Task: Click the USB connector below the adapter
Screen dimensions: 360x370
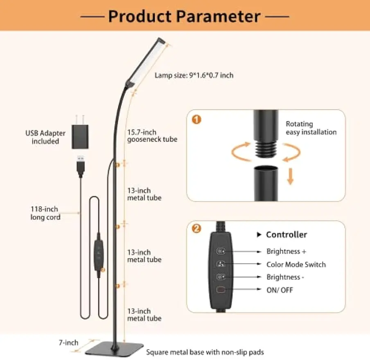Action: click(x=81, y=165)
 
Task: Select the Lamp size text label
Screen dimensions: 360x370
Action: click(x=194, y=75)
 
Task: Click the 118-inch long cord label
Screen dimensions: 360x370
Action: click(x=45, y=213)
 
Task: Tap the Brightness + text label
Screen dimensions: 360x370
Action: click(x=286, y=251)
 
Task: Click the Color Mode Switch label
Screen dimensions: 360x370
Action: click(x=296, y=264)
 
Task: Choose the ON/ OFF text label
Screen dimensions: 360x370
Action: click(x=280, y=290)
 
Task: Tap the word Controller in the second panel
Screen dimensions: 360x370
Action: click(x=286, y=234)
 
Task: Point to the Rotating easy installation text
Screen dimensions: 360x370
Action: click(x=311, y=128)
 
